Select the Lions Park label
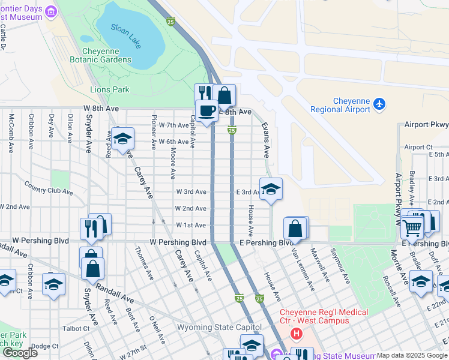[x=110, y=89]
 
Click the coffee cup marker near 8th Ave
[x=207, y=111]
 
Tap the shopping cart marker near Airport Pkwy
[x=412, y=226]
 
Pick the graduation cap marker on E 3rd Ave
[x=271, y=189]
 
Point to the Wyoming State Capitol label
[x=219, y=327]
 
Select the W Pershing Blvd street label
[x=178, y=242]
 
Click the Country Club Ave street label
[x=49, y=191]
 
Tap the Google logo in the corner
[x=20, y=353]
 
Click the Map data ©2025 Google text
[x=412, y=356]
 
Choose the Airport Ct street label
[x=418, y=147]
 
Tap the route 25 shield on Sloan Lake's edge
[x=171, y=22]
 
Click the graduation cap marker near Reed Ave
[x=122, y=139]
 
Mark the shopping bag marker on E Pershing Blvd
[x=295, y=228]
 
